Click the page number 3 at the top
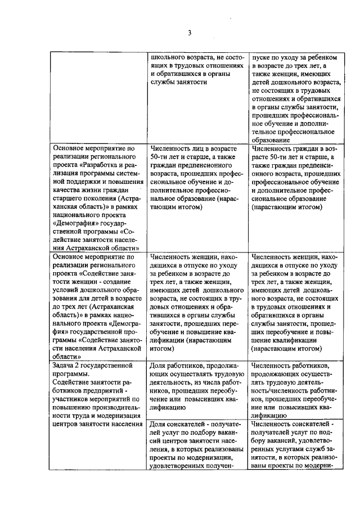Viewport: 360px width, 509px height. click(x=190, y=33)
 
